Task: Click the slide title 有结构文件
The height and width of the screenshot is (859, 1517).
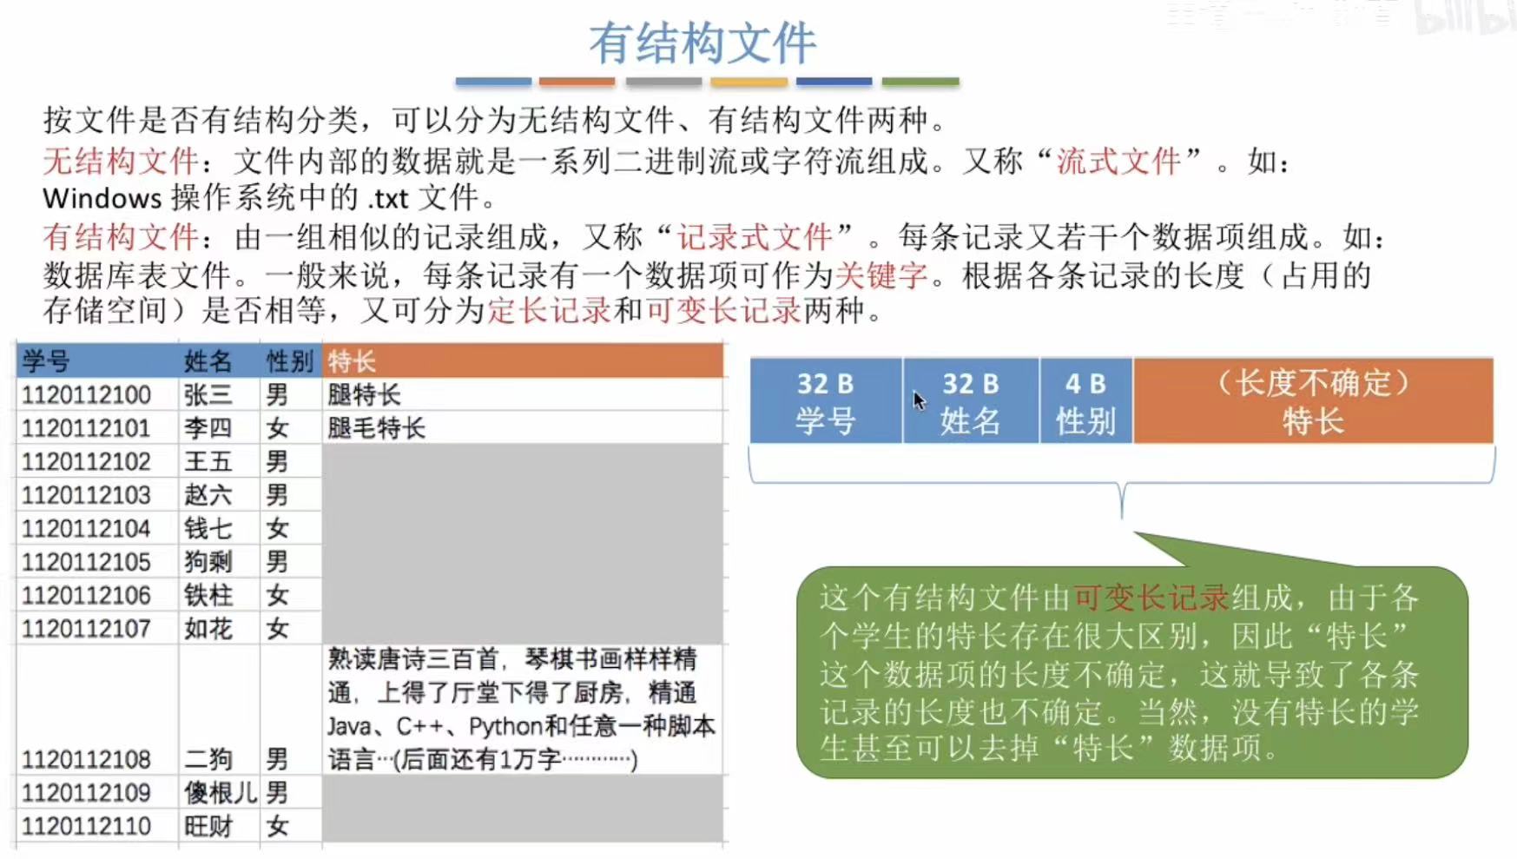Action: coord(702,43)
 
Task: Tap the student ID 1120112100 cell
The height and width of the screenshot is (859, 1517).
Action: coord(86,395)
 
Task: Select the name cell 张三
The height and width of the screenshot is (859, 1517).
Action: coord(208,395)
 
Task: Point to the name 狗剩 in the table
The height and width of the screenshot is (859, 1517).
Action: coord(208,562)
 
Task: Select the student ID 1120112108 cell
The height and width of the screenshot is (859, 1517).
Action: coord(86,760)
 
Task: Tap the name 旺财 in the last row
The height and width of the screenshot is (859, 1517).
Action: coord(208,827)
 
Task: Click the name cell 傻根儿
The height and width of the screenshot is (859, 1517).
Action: coord(220,793)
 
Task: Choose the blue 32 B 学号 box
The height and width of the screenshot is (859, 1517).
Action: coord(825,401)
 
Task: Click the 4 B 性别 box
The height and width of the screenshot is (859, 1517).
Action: coord(1085,401)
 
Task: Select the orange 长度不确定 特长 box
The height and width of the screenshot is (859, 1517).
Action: coord(1313,401)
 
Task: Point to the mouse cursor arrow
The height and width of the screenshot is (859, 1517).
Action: coord(919,400)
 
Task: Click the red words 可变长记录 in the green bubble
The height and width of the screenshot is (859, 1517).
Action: coord(1151,598)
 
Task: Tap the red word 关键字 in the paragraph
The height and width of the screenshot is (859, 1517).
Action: coord(881,276)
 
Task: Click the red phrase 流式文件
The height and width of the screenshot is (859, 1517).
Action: coord(1118,162)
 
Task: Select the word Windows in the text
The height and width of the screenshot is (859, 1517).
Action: coord(102,199)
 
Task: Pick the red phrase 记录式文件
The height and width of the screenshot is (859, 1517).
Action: coord(754,237)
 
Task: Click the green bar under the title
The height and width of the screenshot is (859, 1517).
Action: coord(920,82)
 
